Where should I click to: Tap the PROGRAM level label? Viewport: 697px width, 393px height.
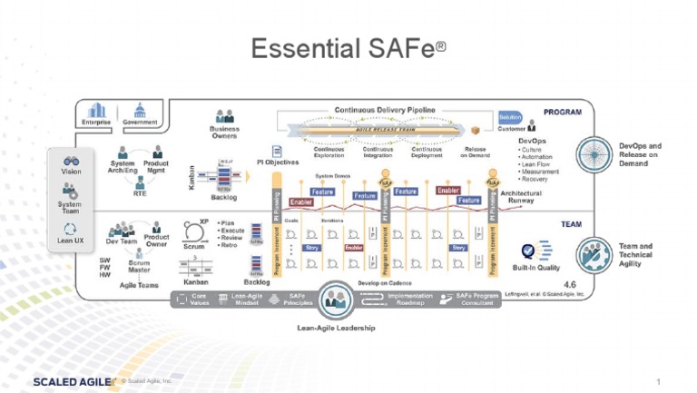click(562, 113)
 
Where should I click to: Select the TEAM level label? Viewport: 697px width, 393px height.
click(571, 224)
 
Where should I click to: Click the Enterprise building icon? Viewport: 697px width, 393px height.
click(95, 110)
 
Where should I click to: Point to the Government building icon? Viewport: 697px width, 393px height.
click(140, 110)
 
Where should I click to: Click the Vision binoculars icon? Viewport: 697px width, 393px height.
click(71, 161)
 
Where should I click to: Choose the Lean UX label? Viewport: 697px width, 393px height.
click(71, 241)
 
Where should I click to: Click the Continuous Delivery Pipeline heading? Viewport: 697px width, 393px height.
click(385, 109)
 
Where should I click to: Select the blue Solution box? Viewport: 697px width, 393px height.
click(510, 117)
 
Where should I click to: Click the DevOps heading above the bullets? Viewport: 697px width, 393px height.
click(532, 142)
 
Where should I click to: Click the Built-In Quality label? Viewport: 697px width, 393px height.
click(536, 268)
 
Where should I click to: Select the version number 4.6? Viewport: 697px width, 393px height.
click(569, 283)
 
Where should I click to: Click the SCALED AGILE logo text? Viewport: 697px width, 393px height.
click(73, 382)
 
